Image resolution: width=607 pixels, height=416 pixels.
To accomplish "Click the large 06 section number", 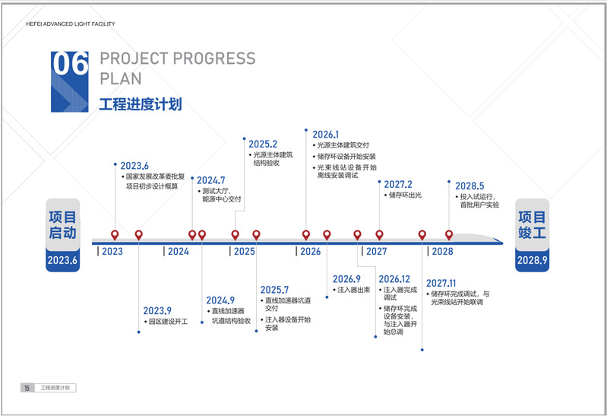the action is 70,64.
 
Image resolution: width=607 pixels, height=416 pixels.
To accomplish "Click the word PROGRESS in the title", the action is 214,59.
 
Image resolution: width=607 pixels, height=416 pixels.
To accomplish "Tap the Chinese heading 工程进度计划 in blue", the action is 141,104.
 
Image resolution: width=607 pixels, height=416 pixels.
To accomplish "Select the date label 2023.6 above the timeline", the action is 134,166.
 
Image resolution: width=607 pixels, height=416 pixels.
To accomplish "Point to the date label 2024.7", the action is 210,180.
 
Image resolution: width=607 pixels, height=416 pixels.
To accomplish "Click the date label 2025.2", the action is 263,144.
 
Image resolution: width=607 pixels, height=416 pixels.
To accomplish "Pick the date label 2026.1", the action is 326,135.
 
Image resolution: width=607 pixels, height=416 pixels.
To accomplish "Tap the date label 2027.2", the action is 398,184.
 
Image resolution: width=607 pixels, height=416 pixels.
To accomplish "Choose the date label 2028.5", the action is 469,186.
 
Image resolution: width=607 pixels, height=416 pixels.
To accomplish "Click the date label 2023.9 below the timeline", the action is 157,311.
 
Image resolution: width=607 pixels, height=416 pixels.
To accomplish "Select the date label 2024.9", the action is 220,300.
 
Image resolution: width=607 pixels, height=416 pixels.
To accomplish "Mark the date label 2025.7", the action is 274,290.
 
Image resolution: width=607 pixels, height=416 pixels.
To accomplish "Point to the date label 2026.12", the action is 394,279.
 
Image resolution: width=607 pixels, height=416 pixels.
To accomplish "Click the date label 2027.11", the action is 441,284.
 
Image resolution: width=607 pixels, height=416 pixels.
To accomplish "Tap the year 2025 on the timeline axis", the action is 245,251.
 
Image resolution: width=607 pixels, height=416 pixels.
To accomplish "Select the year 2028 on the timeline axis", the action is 442,251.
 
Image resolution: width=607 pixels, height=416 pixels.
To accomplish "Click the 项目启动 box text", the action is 63,225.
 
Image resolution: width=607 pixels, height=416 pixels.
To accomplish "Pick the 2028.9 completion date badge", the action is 533,260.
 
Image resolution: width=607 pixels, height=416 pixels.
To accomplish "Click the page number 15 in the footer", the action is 27,388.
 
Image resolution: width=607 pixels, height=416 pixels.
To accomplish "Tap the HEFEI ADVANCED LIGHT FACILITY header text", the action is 71,24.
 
